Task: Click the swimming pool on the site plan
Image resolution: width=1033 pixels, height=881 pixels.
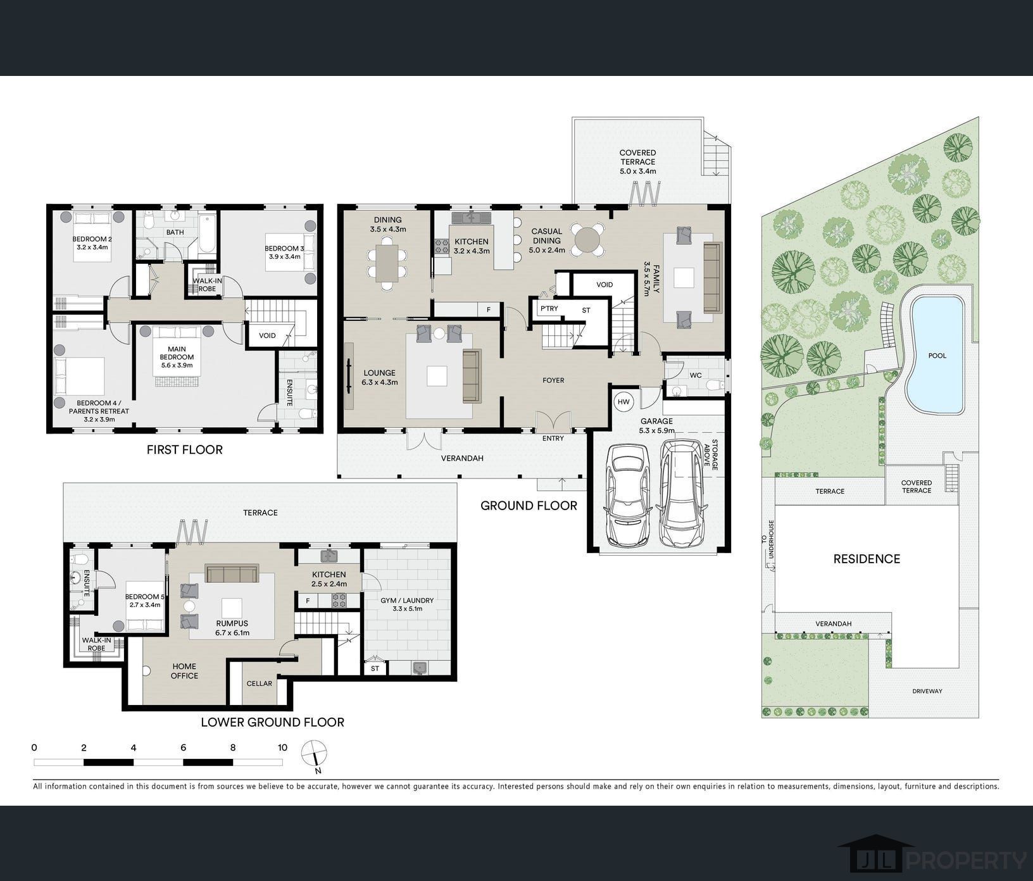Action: coord(936,355)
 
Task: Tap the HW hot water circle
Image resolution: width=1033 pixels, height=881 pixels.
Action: coord(623,402)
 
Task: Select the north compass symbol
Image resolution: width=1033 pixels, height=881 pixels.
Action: coord(315,756)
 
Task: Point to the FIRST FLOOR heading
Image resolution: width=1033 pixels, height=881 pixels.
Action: coord(184,450)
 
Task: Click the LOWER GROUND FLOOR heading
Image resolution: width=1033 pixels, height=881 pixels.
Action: coord(272,722)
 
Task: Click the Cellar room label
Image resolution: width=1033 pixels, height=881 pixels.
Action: coord(259,684)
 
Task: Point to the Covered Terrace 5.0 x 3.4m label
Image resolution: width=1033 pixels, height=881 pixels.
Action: coord(637,162)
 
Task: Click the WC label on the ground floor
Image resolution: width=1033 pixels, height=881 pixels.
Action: coord(696,375)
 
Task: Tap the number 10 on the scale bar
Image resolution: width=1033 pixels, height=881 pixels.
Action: coord(282,747)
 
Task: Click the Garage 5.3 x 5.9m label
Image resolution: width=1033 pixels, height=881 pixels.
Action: coord(656,426)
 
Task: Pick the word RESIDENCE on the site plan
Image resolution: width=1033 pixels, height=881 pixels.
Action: coord(867,559)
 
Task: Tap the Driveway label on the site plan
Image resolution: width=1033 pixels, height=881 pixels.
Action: coord(927,691)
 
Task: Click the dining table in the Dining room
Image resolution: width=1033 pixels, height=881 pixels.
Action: coord(387,264)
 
